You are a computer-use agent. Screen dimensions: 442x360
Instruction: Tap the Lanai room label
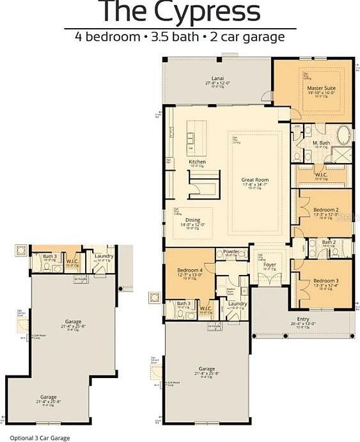point(217,78)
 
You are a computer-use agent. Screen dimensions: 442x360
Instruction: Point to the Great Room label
point(254,180)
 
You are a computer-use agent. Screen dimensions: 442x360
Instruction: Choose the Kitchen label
point(197,162)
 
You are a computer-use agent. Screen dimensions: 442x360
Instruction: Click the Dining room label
point(192,220)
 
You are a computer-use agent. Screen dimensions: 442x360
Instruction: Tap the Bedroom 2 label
point(325,210)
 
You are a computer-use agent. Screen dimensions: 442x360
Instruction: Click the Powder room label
point(231,251)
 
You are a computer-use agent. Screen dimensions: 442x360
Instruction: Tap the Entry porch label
point(303,319)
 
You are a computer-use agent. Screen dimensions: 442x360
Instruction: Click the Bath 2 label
point(329,242)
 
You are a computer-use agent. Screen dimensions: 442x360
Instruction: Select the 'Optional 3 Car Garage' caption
point(40,438)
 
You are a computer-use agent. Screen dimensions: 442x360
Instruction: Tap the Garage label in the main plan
point(206,368)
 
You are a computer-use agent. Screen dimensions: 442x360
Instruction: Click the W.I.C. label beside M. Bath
point(321,174)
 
